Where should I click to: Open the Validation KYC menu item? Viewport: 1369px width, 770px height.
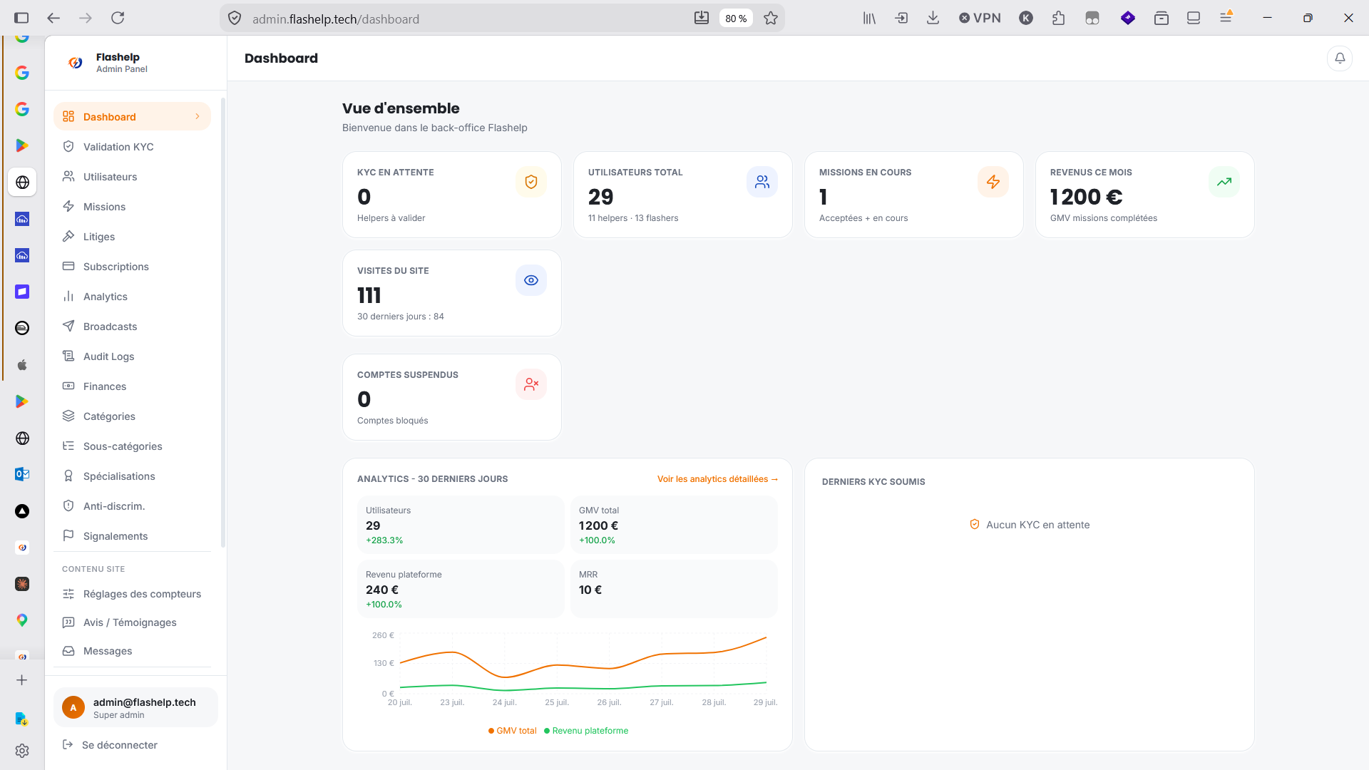[118, 147]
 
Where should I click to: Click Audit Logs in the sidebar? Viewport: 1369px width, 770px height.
[108, 356]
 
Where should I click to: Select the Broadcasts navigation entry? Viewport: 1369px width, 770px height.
[110, 327]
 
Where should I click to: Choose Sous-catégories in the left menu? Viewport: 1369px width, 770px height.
[123, 446]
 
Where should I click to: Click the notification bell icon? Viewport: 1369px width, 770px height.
[1340, 58]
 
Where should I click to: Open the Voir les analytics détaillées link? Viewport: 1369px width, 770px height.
[717, 479]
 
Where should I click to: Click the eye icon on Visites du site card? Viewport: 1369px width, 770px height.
[531, 280]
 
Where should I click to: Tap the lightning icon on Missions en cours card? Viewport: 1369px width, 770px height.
[993, 182]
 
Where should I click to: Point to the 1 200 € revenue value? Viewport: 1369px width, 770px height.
[1086, 197]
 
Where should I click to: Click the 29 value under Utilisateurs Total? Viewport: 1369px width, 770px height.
[600, 197]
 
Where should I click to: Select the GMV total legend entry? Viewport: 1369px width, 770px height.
[513, 731]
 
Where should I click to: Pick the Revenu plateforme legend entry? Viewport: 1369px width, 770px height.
[586, 731]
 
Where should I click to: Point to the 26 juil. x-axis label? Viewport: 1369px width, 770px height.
[609, 702]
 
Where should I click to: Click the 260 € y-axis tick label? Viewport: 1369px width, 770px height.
[383, 635]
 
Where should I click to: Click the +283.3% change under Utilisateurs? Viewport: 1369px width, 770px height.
[384, 540]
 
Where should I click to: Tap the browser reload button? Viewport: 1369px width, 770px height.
[118, 18]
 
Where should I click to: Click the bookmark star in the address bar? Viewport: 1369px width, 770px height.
[771, 19]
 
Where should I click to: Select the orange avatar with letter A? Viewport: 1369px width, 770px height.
[73, 707]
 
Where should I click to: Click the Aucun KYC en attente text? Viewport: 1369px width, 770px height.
[1037, 525]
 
